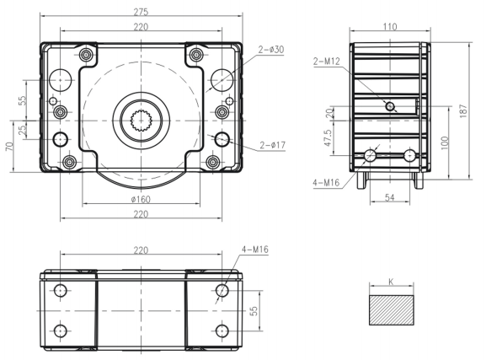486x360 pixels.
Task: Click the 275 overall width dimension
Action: pyautogui.click(x=141, y=12)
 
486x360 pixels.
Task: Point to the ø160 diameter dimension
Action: pyautogui.click(x=141, y=200)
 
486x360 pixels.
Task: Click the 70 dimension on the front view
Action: pyautogui.click(x=9, y=146)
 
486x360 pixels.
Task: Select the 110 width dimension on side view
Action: pyautogui.click(x=389, y=26)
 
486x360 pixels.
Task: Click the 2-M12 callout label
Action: pyautogui.click(x=327, y=61)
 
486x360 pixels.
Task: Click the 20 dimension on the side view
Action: pyautogui.click(x=329, y=114)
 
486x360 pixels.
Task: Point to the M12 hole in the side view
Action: pyautogui.click(x=389, y=105)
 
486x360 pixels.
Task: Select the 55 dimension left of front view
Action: pyautogui.click(x=23, y=97)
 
